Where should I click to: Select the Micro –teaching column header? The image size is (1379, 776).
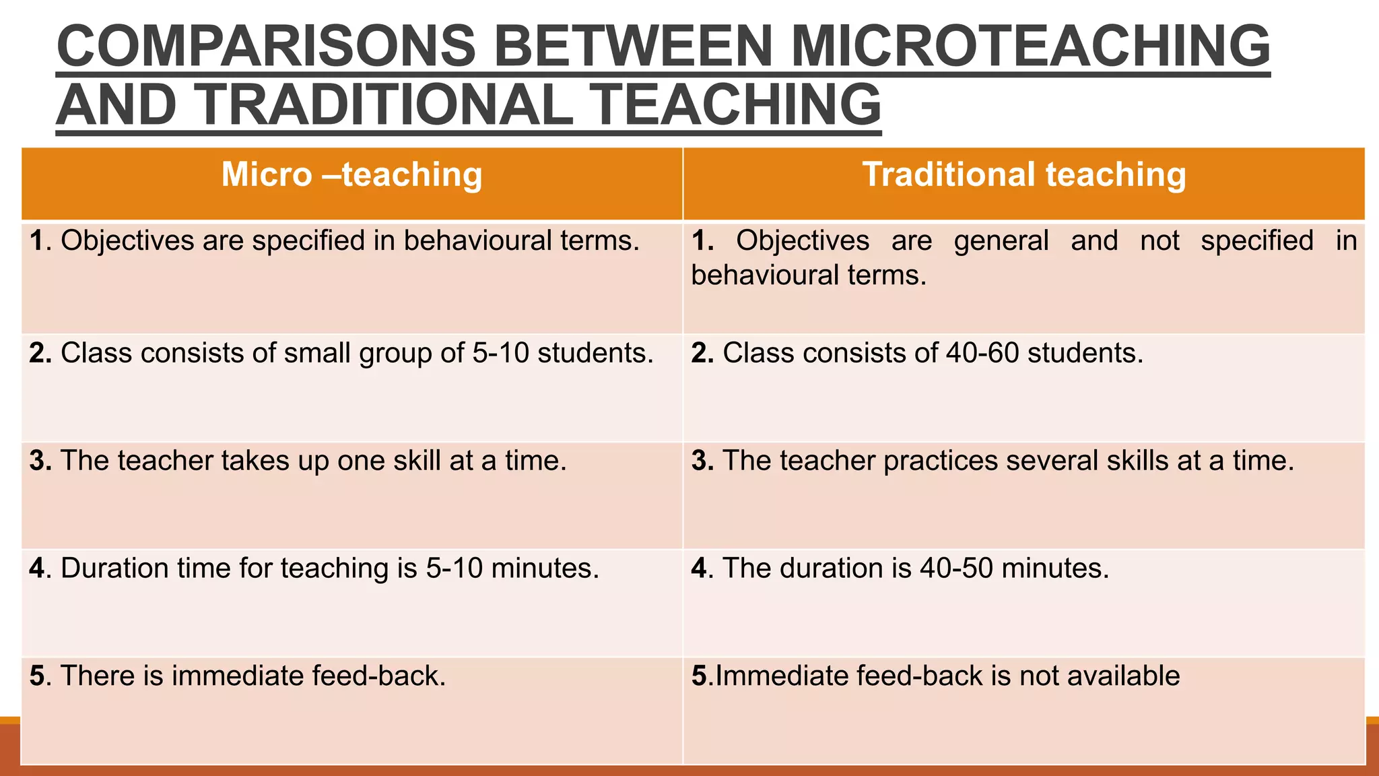click(351, 174)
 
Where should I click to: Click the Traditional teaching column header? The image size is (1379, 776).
click(1024, 174)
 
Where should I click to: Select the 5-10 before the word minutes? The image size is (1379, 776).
click(454, 569)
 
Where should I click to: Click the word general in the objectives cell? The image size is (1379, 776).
click(1001, 240)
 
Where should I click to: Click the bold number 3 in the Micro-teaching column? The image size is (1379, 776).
click(37, 461)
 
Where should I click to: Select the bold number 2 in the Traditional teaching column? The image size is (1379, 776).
click(699, 353)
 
